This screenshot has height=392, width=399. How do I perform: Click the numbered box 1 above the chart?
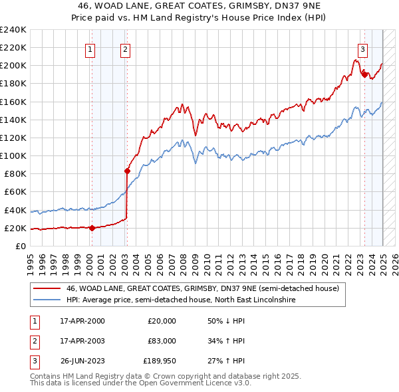[x=90, y=49]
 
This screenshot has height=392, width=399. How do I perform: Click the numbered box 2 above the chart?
[x=125, y=49]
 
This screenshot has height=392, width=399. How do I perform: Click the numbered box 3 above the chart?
[x=362, y=49]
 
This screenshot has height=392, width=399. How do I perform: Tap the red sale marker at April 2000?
[x=92, y=228]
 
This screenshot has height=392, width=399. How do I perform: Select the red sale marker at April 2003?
[x=127, y=171]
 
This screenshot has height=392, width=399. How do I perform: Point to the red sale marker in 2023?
[x=364, y=74]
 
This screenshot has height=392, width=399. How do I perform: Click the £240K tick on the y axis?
[x=13, y=30]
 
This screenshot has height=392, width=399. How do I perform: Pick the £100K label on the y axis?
[x=13, y=155]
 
